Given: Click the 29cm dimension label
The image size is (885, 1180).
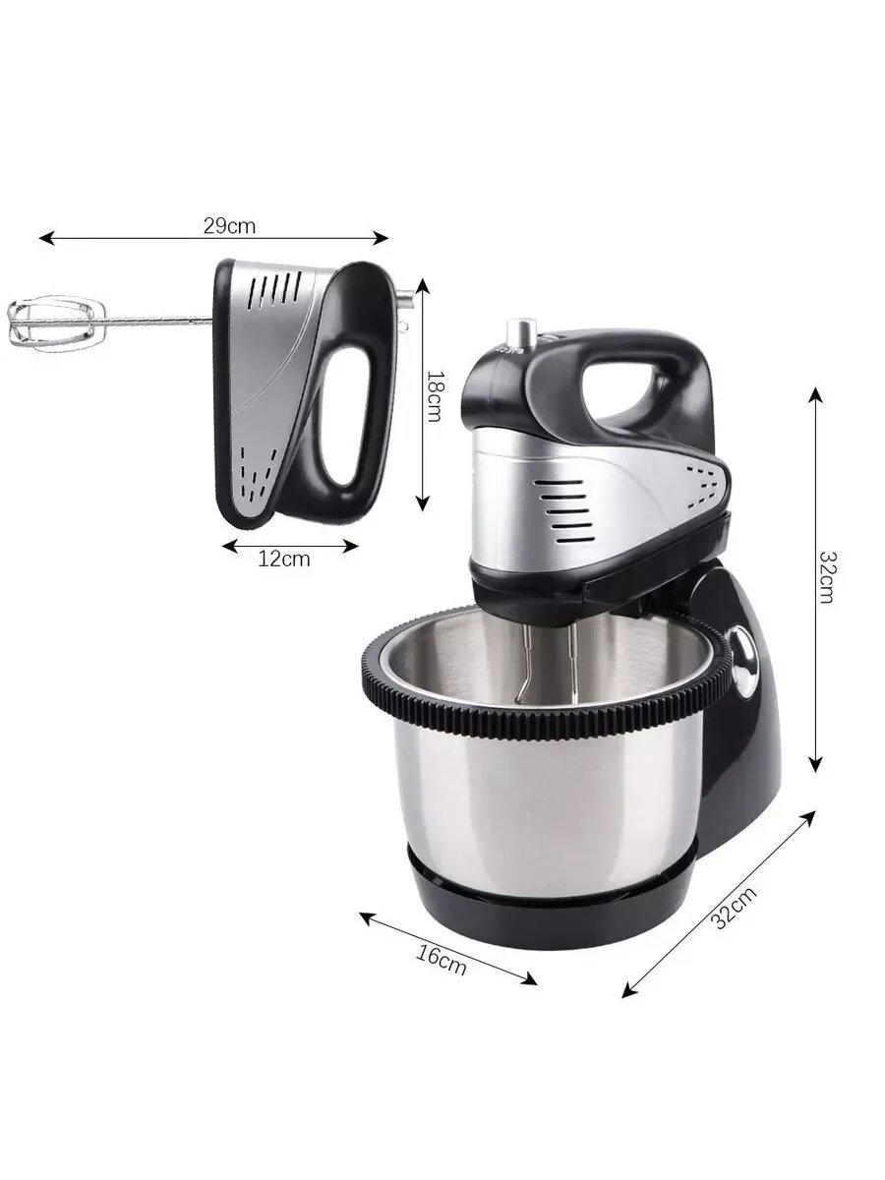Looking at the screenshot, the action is [x=229, y=226].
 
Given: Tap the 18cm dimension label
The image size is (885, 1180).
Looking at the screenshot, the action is [x=433, y=395].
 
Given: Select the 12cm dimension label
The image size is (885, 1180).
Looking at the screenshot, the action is [x=284, y=560].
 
